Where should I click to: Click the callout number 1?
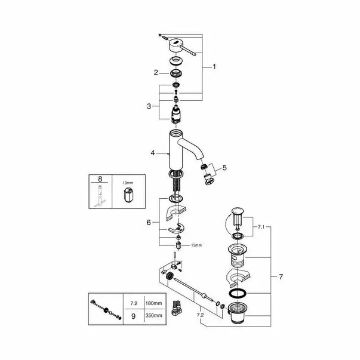pyautogui.click(x=214, y=67)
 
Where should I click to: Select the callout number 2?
pyautogui.click(x=156, y=73)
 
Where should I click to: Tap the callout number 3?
pyautogui.click(x=149, y=106)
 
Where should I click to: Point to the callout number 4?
pyautogui.click(x=153, y=153)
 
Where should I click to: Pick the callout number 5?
pyautogui.click(x=224, y=168)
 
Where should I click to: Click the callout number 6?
pyautogui.click(x=149, y=223)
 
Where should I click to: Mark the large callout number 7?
pyautogui.click(x=281, y=277)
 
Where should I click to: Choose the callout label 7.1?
pyautogui.click(x=261, y=227)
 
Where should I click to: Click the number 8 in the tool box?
pyautogui.click(x=100, y=179)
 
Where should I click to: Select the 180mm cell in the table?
pyautogui.click(x=153, y=303)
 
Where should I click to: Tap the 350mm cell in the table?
pyautogui.click(x=153, y=315)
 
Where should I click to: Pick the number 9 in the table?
pyautogui.click(x=133, y=316)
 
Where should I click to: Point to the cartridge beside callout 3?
pyautogui.click(x=176, y=114)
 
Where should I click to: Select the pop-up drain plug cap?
pyautogui.click(x=238, y=211)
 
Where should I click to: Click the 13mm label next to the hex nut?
pyautogui.click(x=196, y=245)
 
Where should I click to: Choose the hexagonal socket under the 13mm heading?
pyautogui.click(x=128, y=195)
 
